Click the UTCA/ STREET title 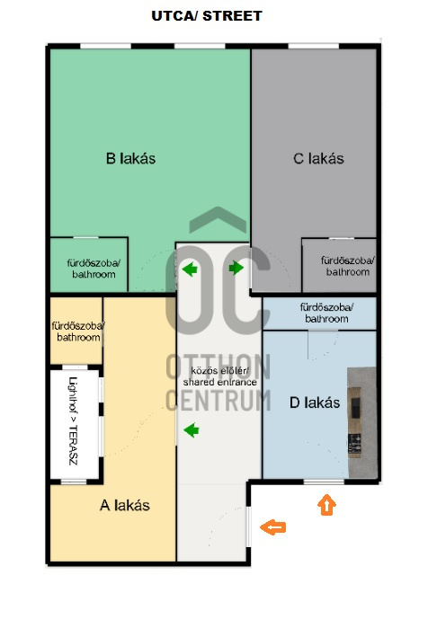point(207,16)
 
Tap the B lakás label point(130,158)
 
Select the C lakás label point(318,158)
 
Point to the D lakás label point(315,402)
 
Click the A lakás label point(125,505)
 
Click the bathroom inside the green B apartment point(94,269)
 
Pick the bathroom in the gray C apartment point(348,266)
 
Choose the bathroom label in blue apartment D point(326,313)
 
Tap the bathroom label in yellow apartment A point(78,332)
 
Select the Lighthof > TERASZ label point(74,420)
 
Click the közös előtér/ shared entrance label point(219,376)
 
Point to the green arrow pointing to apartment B point(190,270)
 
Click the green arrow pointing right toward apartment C point(236,268)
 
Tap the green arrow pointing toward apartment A point(192,430)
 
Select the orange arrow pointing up point(326,505)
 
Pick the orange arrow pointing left point(273,527)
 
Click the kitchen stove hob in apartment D point(354,443)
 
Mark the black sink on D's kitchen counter point(355,408)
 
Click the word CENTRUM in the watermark point(218,400)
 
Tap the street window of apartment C point(313,46)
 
